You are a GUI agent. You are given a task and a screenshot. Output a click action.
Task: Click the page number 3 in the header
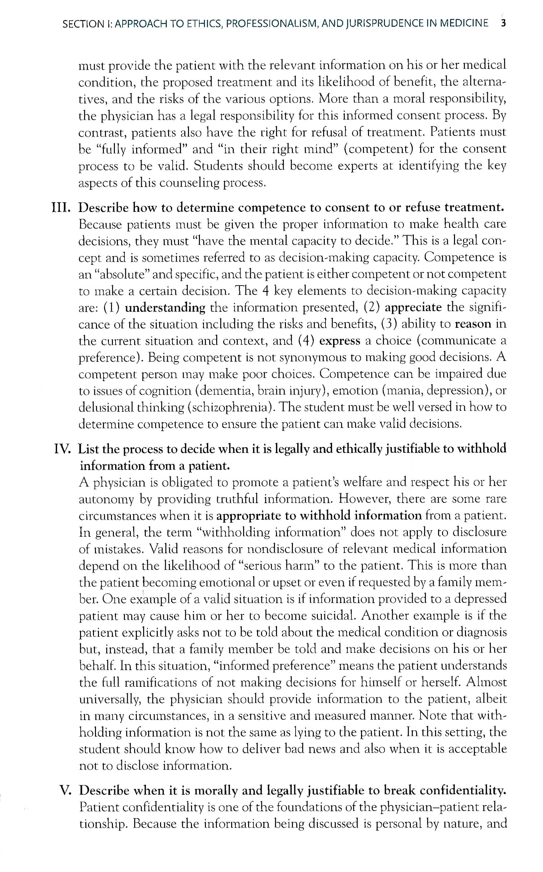click(503, 24)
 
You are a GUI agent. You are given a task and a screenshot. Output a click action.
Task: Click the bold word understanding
click(165, 308)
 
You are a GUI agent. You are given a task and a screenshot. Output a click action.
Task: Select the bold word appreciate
click(413, 308)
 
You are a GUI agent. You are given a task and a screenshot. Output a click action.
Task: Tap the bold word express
click(339, 341)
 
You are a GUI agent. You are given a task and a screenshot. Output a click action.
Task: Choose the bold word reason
click(473, 324)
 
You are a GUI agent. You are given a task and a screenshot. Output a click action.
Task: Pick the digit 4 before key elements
click(265, 291)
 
